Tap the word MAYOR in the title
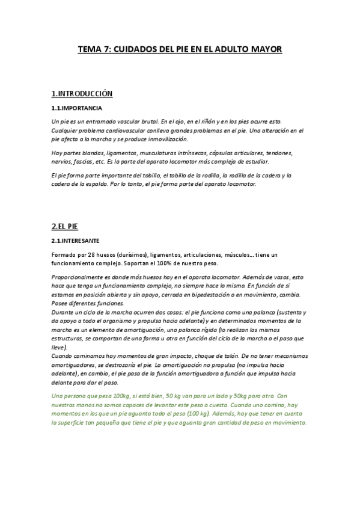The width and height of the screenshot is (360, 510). tap(266, 51)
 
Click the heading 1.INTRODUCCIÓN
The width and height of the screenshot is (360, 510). tap(82, 94)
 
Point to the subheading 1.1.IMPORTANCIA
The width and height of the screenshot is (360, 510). tap(77, 109)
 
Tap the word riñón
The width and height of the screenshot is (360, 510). tap(207, 122)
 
